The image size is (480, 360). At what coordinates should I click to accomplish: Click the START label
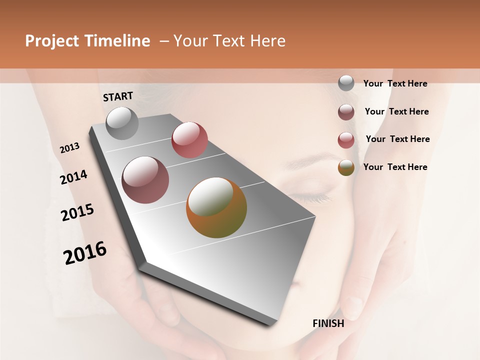pos(118,96)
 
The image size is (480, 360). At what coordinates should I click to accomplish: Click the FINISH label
pos(328,323)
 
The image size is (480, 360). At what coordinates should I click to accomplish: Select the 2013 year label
pos(69,148)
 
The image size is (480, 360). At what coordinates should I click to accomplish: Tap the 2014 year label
pos(73,177)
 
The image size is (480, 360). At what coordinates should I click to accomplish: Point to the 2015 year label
pos(77,212)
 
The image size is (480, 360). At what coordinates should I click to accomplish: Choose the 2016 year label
pos(85,253)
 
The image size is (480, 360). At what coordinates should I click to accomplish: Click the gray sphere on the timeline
pos(122,123)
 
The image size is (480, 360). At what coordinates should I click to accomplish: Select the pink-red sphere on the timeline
pos(189,140)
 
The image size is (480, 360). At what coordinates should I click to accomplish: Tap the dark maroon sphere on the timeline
pos(145,180)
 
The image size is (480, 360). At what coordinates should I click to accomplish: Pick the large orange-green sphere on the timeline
pos(216,207)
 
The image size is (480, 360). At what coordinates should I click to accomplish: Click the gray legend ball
pos(346,83)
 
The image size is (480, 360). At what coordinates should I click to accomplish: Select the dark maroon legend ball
pos(346,111)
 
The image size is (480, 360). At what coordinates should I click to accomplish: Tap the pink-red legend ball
pos(346,139)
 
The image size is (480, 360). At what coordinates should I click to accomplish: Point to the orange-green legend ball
pos(346,167)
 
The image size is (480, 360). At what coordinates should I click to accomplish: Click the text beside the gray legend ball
pos(395,83)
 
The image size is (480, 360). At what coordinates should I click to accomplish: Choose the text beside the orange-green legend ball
pos(395,167)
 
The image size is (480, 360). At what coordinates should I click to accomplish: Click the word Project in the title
pos(51,41)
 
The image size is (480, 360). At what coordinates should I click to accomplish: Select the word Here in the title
pos(267,41)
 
